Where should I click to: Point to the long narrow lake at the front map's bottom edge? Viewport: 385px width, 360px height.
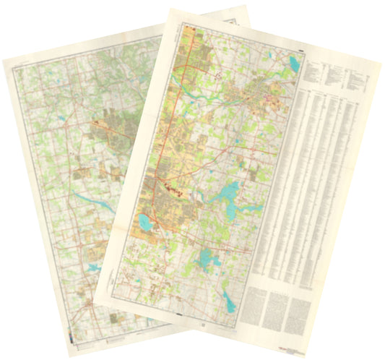coord(230,301)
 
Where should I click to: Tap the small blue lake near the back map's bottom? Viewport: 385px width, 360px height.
coord(93,269)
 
